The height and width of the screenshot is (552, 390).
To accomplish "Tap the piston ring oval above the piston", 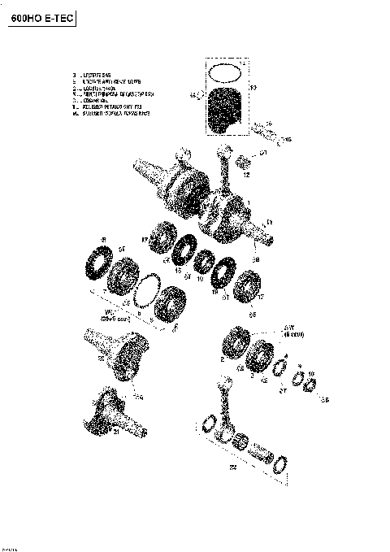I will click(225, 72).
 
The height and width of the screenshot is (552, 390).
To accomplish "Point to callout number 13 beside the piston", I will click(253, 87).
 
